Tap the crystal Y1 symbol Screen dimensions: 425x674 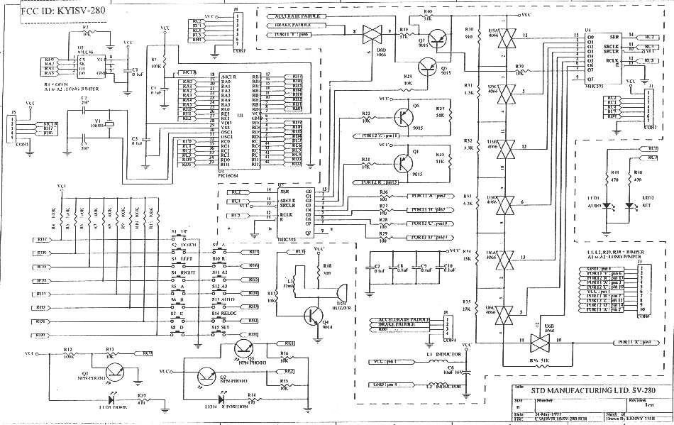pyautogui.click(x=107, y=127)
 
